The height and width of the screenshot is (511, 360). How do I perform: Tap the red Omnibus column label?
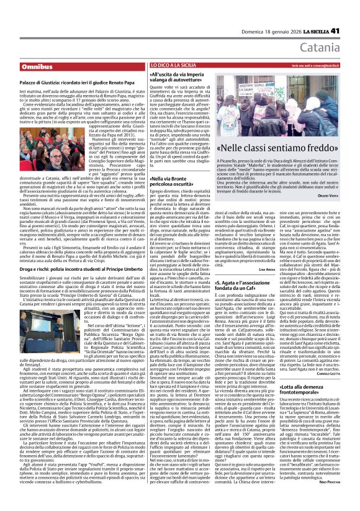click(x=37, y=66)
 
